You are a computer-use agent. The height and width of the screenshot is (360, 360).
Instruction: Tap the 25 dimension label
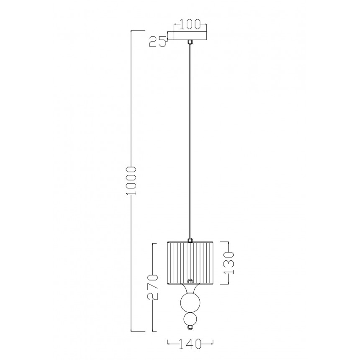[x=158, y=41]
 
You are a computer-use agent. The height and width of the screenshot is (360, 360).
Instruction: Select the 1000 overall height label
[x=131, y=181]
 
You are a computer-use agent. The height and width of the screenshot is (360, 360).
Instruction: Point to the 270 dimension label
[x=153, y=287]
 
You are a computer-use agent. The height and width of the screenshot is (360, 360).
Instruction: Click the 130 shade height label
[x=229, y=263]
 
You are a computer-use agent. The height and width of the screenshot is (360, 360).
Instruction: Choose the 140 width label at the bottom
[x=190, y=344]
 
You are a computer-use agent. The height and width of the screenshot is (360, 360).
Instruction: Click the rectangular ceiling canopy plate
[x=190, y=35]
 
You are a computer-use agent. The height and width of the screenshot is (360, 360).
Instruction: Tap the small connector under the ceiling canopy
[x=190, y=42]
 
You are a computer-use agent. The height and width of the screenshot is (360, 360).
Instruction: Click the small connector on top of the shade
[x=190, y=240]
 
